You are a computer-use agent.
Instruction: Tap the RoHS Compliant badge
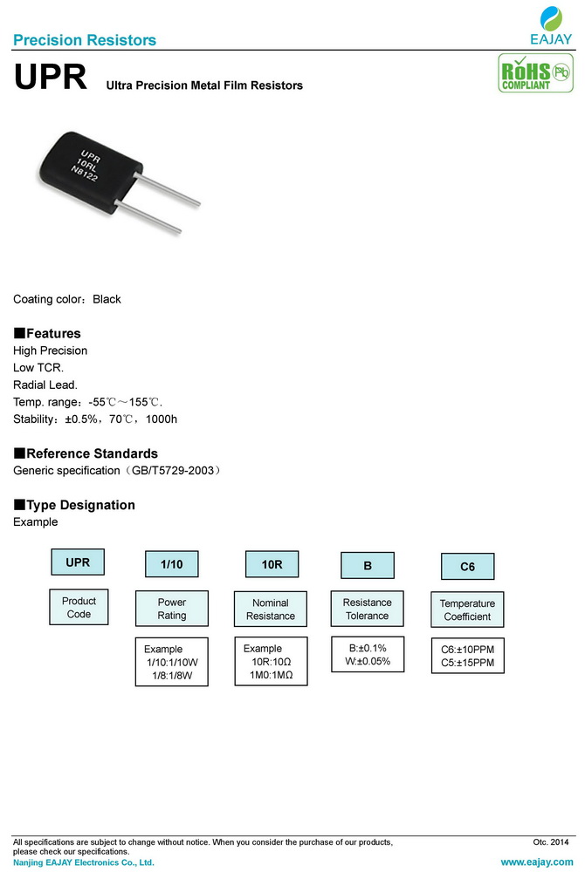coord(533,73)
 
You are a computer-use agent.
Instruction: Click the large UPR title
coord(51,78)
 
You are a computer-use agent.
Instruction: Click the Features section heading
coord(47,333)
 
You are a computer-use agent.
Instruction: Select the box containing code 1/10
coord(172,565)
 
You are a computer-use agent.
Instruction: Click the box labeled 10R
coord(272,565)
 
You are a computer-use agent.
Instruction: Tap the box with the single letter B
coord(368,566)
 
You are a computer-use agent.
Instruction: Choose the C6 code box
coord(467,567)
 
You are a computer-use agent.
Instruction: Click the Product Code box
coord(79,608)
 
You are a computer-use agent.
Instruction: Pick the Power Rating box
coord(172,609)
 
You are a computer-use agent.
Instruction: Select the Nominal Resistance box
coord(271,610)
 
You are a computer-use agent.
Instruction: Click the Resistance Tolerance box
coord(368,609)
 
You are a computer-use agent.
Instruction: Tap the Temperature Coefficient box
coord(467,610)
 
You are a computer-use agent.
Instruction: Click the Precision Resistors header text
coord(85,40)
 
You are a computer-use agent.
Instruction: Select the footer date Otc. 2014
coord(550,841)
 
